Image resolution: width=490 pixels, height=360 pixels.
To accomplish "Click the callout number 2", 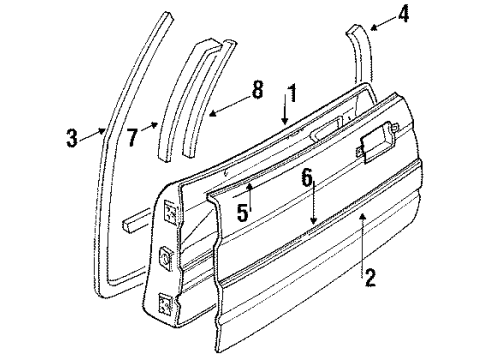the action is point(371,281).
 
